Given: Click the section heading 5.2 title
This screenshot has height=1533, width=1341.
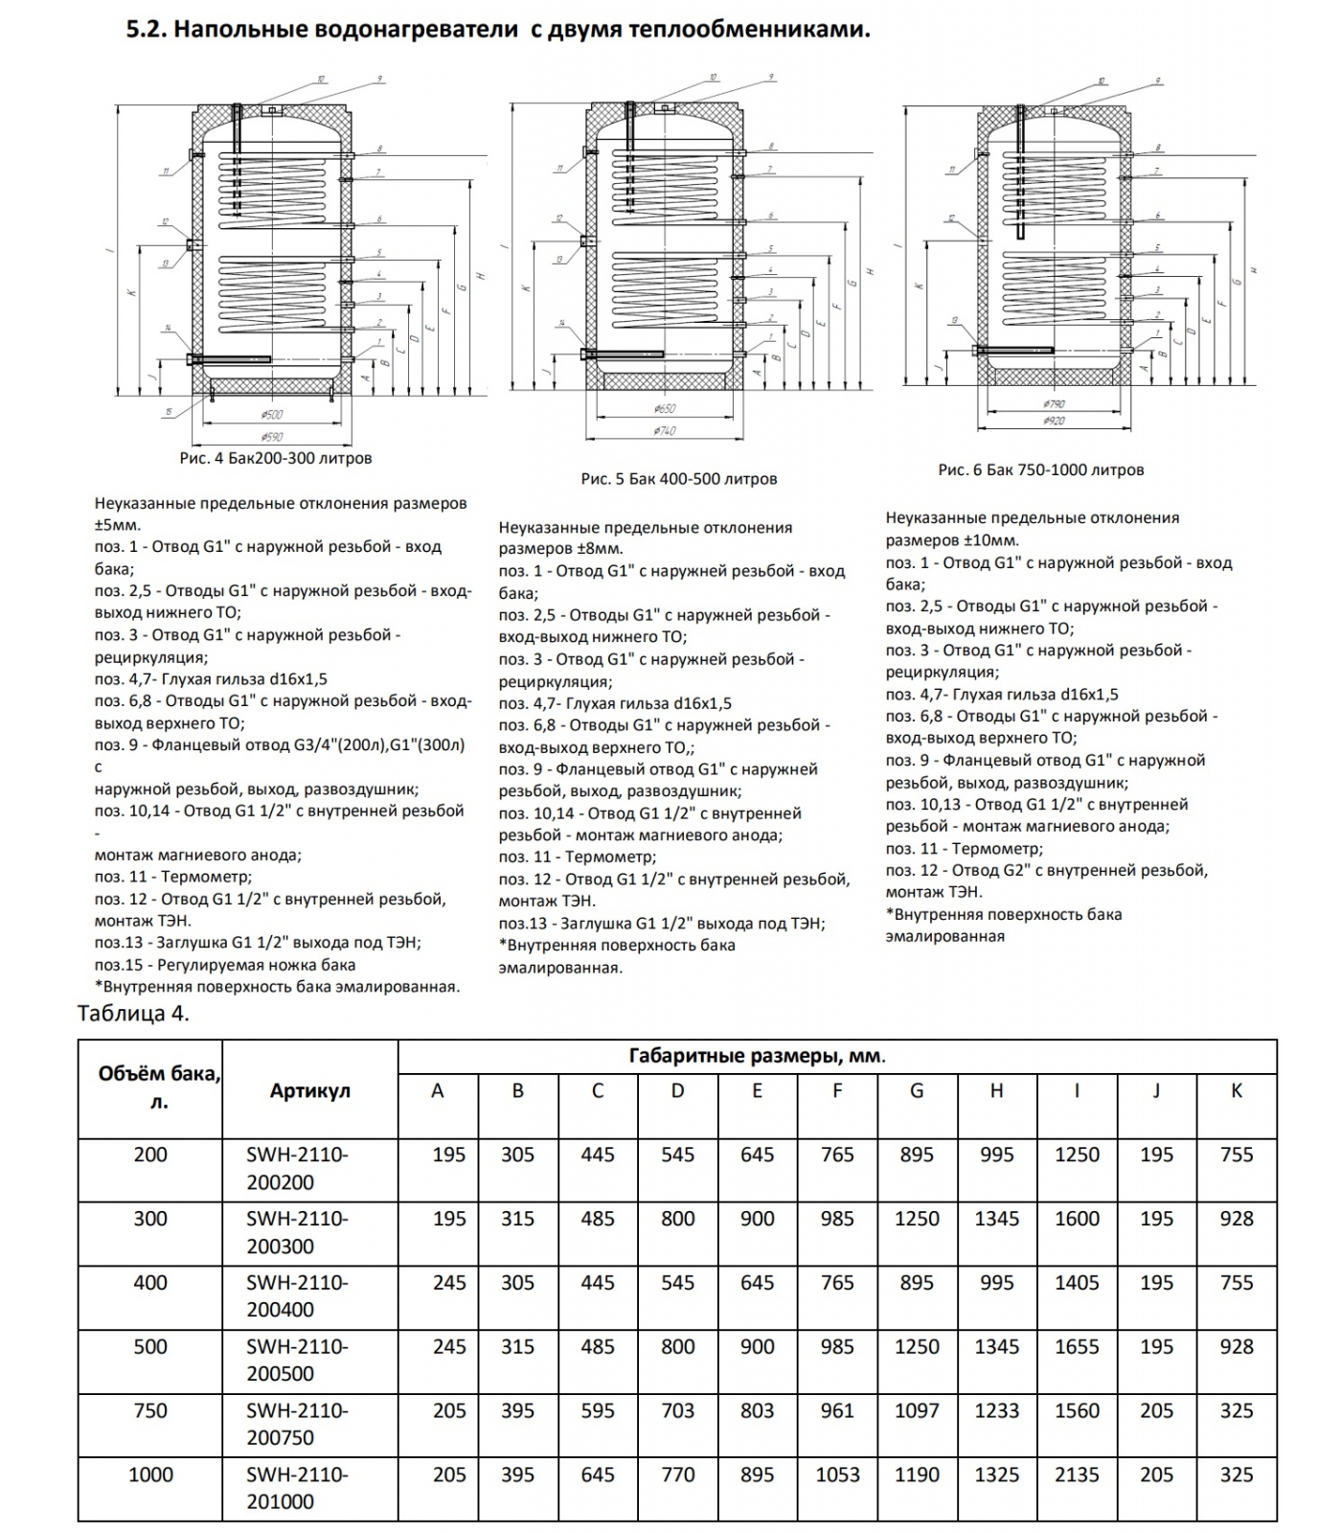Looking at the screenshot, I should (x=498, y=29).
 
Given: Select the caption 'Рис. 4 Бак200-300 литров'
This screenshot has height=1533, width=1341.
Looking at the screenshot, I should (x=276, y=458).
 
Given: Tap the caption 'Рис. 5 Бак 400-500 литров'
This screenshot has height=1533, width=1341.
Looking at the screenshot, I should (x=678, y=478).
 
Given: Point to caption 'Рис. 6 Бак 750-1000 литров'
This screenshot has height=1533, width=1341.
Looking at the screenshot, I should (x=1041, y=469).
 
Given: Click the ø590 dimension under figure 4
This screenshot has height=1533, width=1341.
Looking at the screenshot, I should (x=272, y=437).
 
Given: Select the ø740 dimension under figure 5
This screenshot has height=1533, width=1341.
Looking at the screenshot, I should (x=664, y=430).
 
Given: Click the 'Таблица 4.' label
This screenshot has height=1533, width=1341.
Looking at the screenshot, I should (x=133, y=1014).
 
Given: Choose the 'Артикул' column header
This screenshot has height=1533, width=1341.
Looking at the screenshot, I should (x=309, y=1090).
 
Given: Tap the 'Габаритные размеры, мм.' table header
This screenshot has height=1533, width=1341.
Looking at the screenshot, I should (x=757, y=1057).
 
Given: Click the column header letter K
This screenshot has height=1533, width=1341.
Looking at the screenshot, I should (x=1236, y=1090).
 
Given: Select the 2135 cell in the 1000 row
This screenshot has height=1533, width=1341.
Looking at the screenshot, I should (x=1077, y=1475).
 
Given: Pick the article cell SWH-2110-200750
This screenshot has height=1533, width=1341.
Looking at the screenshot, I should (x=297, y=1424).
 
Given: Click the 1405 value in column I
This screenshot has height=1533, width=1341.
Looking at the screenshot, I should (x=1077, y=1282).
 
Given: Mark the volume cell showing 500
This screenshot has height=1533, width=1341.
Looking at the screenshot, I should (x=150, y=1346).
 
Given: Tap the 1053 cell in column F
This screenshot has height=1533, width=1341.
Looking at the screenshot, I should (x=837, y=1475).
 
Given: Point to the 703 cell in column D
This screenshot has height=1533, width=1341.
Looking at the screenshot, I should (x=677, y=1410).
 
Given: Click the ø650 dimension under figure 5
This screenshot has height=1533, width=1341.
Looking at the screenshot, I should (x=664, y=408).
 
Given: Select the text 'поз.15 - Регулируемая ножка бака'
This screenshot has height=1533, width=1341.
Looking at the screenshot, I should (x=225, y=965).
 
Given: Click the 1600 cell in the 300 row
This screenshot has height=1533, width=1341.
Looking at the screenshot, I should (x=1077, y=1219).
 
